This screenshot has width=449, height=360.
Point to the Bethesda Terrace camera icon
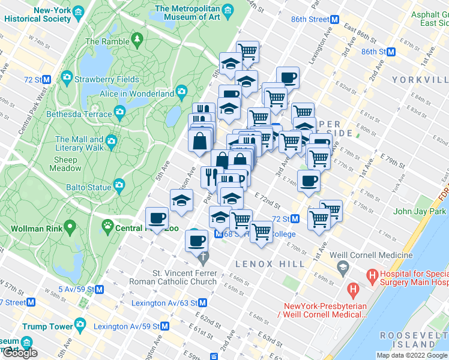click(120, 113)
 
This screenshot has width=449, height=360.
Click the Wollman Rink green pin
click(70, 228)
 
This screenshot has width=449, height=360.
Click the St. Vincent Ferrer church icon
click(203, 259)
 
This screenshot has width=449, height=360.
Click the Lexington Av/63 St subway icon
click(203, 303)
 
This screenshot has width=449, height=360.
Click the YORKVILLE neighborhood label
click(420, 79)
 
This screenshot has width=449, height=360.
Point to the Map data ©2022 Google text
click(411, 355)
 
